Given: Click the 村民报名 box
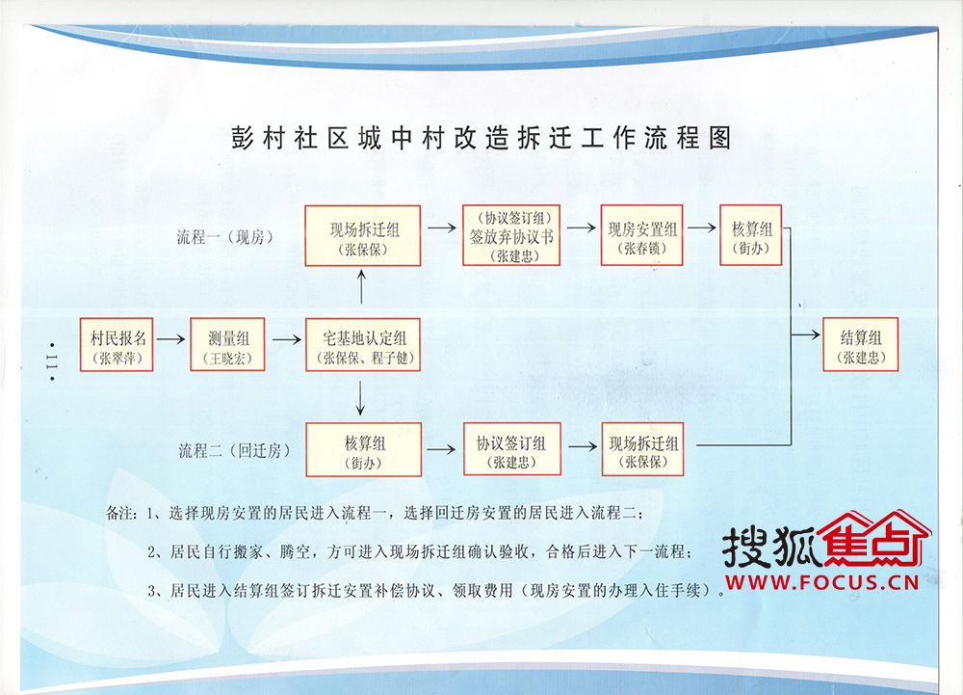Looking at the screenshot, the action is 117,345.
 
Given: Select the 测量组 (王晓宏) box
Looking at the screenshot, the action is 227,345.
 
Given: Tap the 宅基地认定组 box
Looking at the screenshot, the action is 363,345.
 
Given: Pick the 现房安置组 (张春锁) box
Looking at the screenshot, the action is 641,235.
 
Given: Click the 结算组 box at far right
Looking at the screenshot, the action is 860,345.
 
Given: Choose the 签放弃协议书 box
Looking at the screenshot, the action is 511,235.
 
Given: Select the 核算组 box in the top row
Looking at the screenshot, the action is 750,235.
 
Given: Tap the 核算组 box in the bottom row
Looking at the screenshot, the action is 364,450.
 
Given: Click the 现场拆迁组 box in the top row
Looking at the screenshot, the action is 363,236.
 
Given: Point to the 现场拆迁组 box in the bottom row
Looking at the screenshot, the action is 642,449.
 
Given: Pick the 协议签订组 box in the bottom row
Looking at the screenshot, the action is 511,449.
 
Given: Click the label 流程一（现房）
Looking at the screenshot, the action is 224,237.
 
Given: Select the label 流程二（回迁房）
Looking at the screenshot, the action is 234,451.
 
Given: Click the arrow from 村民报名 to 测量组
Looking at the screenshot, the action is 170,338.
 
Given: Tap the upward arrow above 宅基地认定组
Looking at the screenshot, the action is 361,287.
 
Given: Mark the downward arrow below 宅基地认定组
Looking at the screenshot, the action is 360,398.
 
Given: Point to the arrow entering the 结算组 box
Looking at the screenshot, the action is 806,334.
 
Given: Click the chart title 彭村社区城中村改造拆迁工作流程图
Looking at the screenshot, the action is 481,138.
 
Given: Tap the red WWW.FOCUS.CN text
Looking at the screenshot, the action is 821,582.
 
